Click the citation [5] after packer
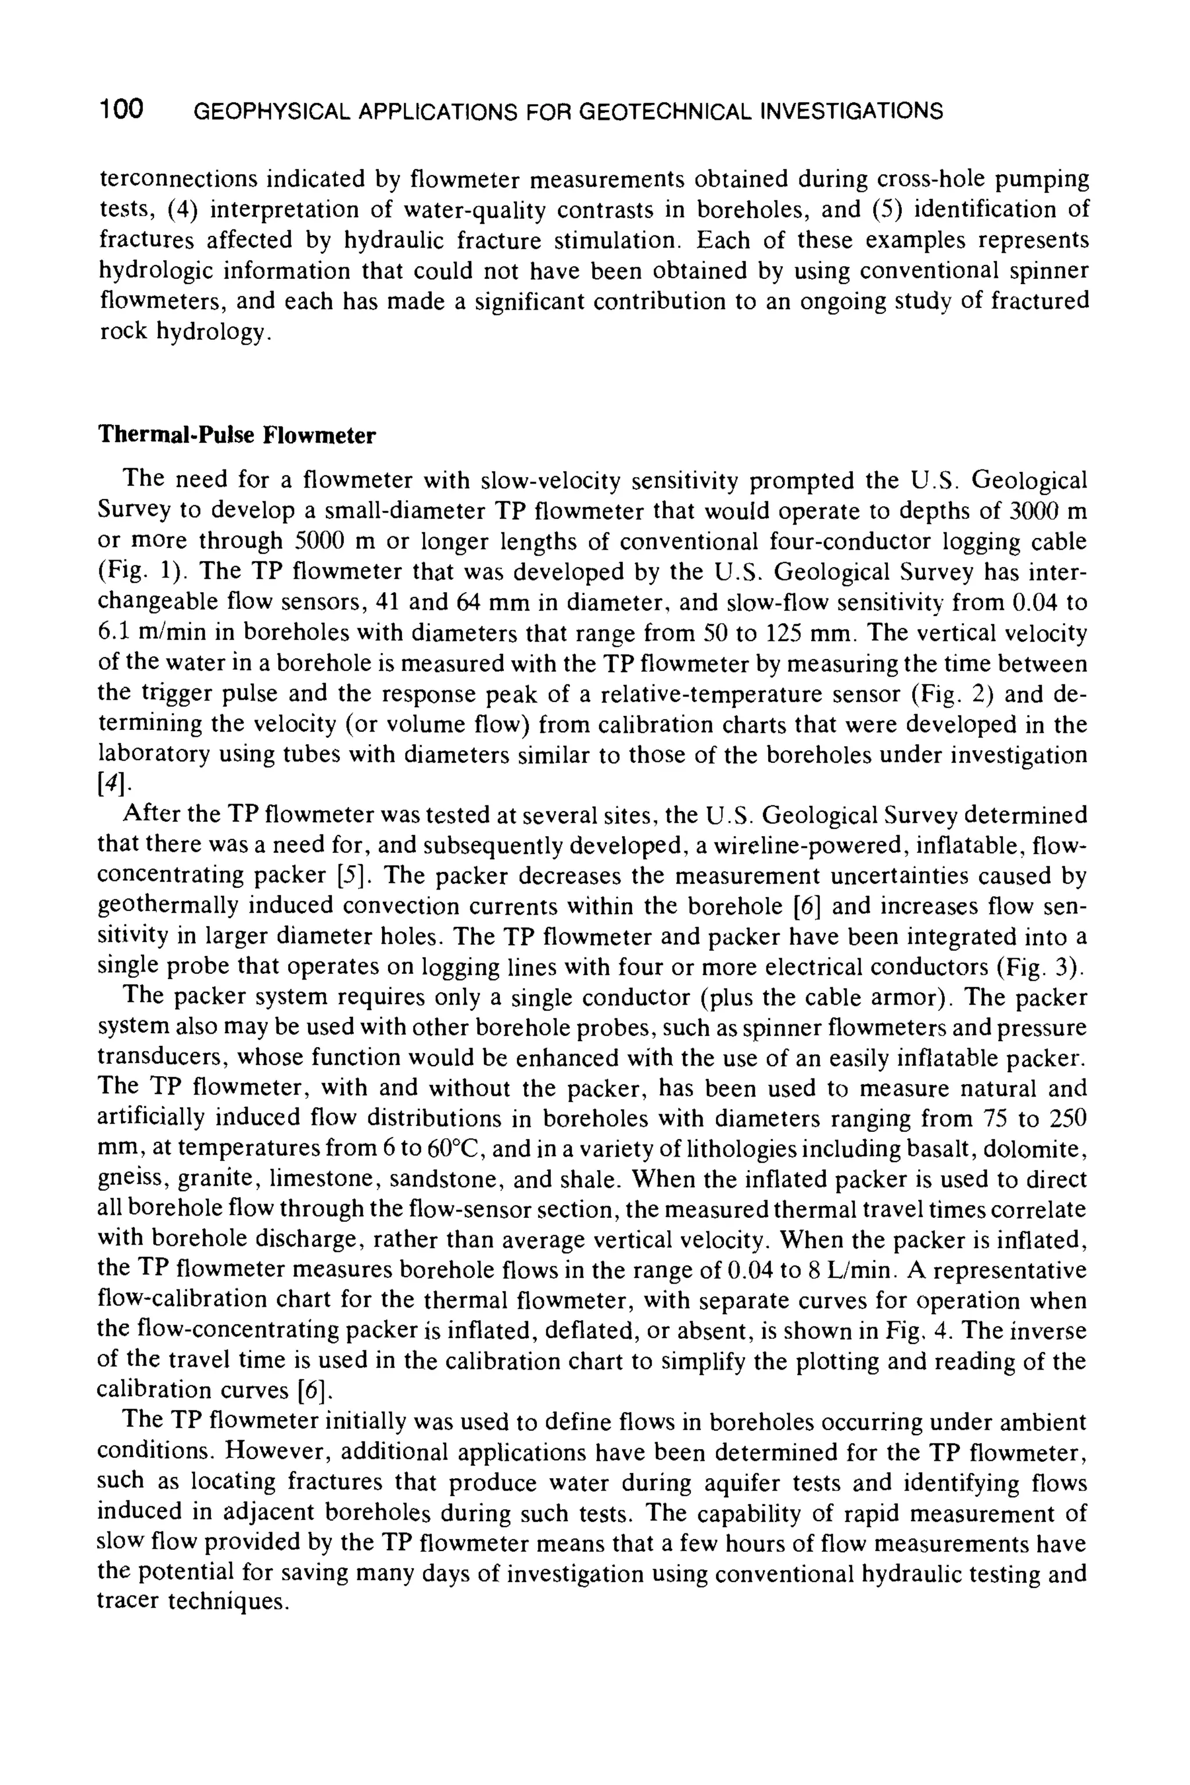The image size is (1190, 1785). [353, 876]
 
